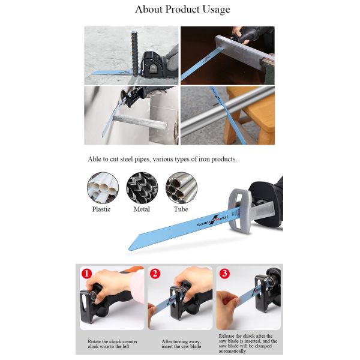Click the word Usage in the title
pyautogui.click(x=216, y=10)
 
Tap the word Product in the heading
pyautogui.click(x=182, y=9)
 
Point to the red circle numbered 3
pyautogui.click(x=224, y=273)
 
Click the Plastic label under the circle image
pyautogui.click(x=101, y=209)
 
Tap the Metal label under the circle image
pyautogui.click(x=142, y=209)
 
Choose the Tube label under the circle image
pyautogui.click(x=181, y=209)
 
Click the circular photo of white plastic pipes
pyautogui.click(x=103, y=188)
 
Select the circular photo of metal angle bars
pyautogui.click(x=142, y=188)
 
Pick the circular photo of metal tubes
pyautogui.click(x=181, y=188)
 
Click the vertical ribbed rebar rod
pyautogui.click(x=136, y=53)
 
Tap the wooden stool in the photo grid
pyautogui.click(x=250, y=115)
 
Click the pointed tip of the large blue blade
pyautogui.click(x=128, y=249)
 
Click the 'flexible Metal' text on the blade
pyautogui.click(x=212, y=220)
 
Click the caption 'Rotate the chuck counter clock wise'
pyautogui.click(x=113, y=344)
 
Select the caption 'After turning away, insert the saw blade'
pyautogui.click(x=181, y=344)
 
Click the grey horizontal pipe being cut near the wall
pyautogui.click(x=140, y=122)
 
